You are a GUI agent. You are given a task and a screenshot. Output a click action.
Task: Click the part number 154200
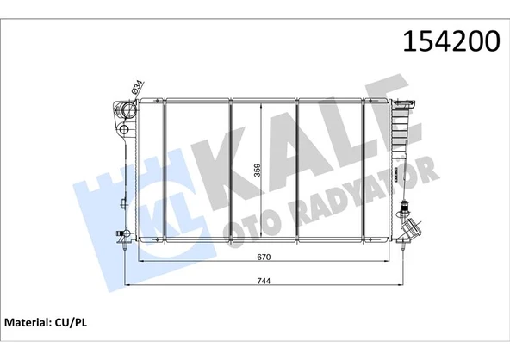(445, 42)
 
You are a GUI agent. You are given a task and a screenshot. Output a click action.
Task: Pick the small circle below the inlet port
(126, 130)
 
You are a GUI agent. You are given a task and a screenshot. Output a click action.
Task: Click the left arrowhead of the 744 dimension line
(129, 285)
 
